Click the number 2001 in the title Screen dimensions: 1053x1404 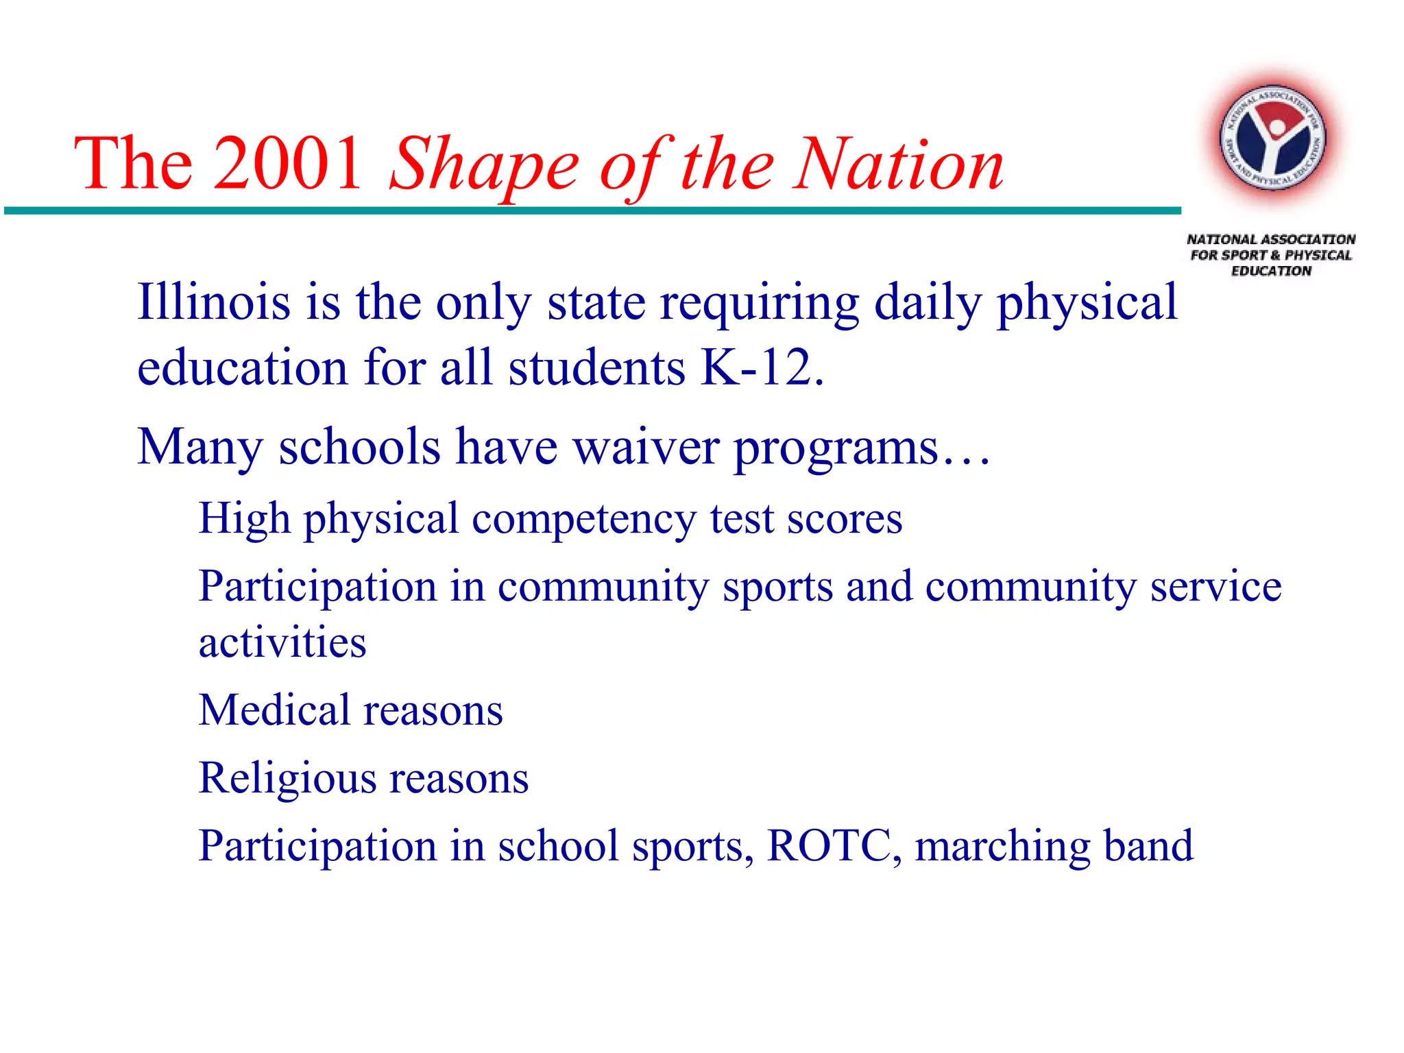(x=287, y=165)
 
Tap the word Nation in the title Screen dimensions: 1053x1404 (x=898, y=165)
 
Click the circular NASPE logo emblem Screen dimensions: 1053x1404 (x=1272, y=141)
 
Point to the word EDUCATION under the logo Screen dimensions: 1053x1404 (x=1271, y=271)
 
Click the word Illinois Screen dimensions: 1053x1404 (x=213, y=302)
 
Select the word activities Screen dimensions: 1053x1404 (x=282, y=642)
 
